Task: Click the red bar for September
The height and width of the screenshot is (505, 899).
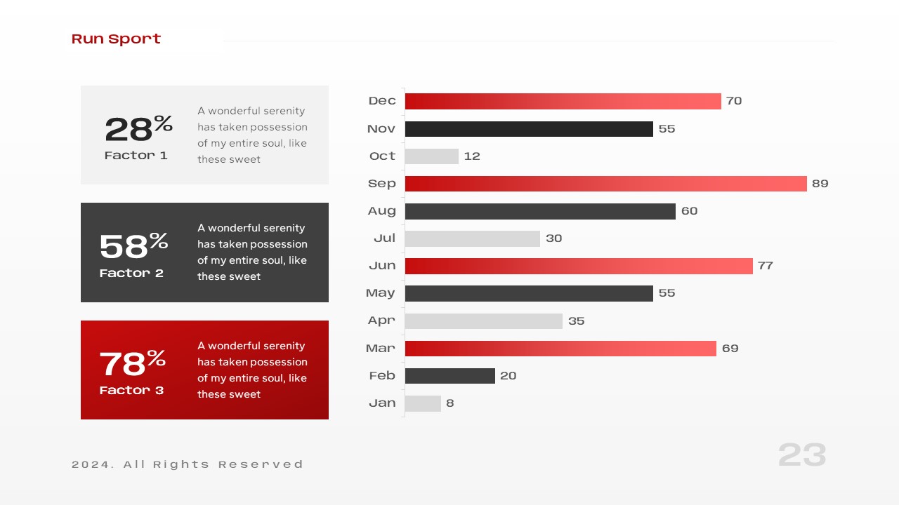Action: pos(605,184)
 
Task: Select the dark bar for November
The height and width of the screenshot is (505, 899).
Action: pos(529,129)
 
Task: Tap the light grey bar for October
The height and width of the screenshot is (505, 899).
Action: pos(431,156)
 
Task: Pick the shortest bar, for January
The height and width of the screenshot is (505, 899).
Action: pos(423,403)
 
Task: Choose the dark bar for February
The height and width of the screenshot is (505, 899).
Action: pos(449,376)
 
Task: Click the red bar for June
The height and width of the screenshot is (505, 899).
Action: pos(579,266)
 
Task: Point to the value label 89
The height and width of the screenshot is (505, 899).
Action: pos(820,184)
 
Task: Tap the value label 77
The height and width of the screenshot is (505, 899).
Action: pos(765,266)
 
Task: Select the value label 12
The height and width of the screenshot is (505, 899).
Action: pos(472,156)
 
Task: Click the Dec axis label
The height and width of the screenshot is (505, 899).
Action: pos(382,101)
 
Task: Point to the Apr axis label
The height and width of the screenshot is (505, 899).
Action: pos(381,321)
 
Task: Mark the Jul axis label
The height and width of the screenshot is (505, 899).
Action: pos(384,238)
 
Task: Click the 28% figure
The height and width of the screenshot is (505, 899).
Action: pos(138,128)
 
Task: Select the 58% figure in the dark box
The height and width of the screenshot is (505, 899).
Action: pos(133,245)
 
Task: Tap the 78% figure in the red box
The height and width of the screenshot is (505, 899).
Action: pos(132,363)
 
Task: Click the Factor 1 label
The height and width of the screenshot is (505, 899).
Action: pos(136,156)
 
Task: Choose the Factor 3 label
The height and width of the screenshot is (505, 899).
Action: pos(131,391)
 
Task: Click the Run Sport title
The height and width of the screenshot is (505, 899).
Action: pos(116,39)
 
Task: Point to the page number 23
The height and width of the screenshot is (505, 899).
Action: pos(802,455)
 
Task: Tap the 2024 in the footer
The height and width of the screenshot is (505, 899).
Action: pos(91,464)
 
